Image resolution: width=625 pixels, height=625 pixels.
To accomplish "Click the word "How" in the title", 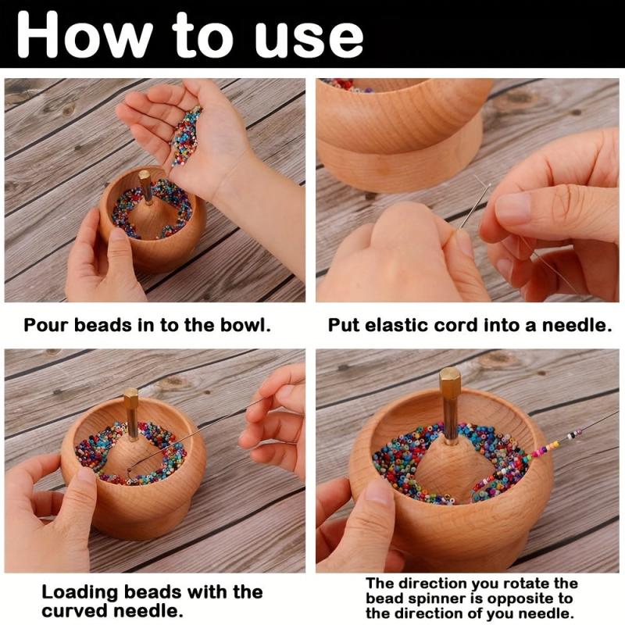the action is coord(84,34).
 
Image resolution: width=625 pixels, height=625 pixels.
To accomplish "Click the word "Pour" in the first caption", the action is coord(46,325).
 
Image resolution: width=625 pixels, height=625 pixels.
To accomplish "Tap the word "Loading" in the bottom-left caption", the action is coord(79,593).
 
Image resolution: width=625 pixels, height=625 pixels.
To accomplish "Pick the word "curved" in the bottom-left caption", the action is coord(74,611).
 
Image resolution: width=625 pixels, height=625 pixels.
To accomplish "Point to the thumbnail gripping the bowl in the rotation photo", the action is coord(376,491).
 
